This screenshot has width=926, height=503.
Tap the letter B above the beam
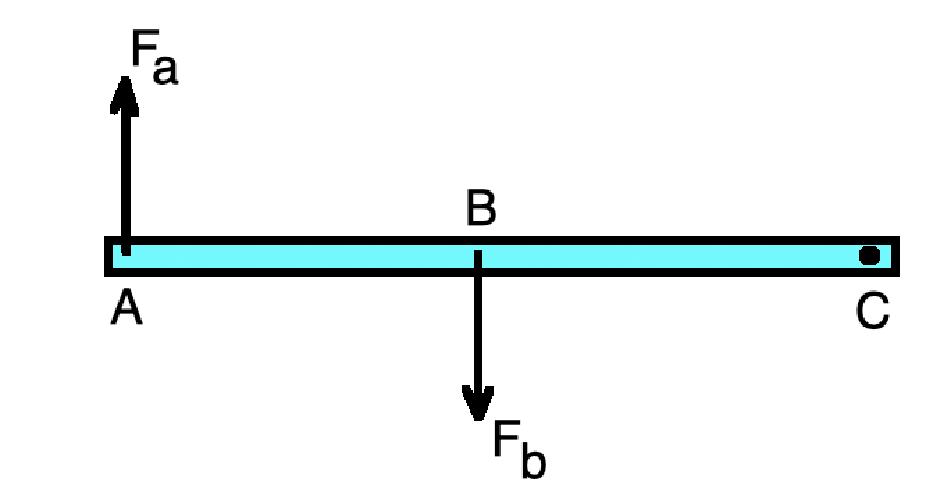pyautogui.click(x=481, y=209)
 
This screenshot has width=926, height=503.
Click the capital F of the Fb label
pyautogui.click(x=505, y=439)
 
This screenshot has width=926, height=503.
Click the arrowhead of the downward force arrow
pyautogui.click(x=478, y=403)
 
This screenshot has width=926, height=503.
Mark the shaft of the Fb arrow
pyautogui.click(x=478, y=327)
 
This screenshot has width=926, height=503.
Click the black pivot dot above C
pyautogui.click(x=869, y=256)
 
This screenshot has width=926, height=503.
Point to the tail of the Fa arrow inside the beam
pyautogui.click(x=125, y=250)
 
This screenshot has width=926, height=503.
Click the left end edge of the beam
pyautogui.click(x=108, y=256)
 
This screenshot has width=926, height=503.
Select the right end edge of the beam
pyautogui.click(x=895, y=256)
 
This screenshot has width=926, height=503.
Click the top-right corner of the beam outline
pyautogui.click(x=896, y=240)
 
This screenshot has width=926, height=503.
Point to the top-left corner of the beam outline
pyautogui.click(x=108, y=240)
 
